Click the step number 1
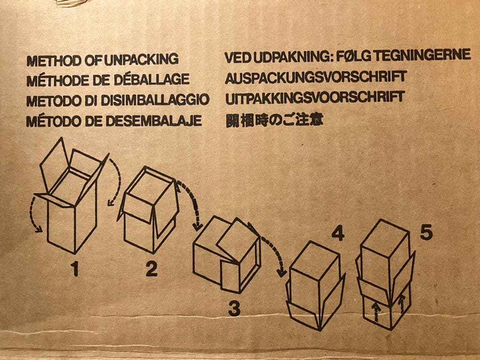[75, 268]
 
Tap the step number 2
[152, 268]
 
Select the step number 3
[235, 308]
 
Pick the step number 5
[426, 232]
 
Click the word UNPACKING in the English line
[141, 60]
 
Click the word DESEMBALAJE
[154, 120]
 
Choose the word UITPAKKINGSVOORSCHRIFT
[315, 97]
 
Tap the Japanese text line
[275, 120]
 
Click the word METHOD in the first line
[55, 60]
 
